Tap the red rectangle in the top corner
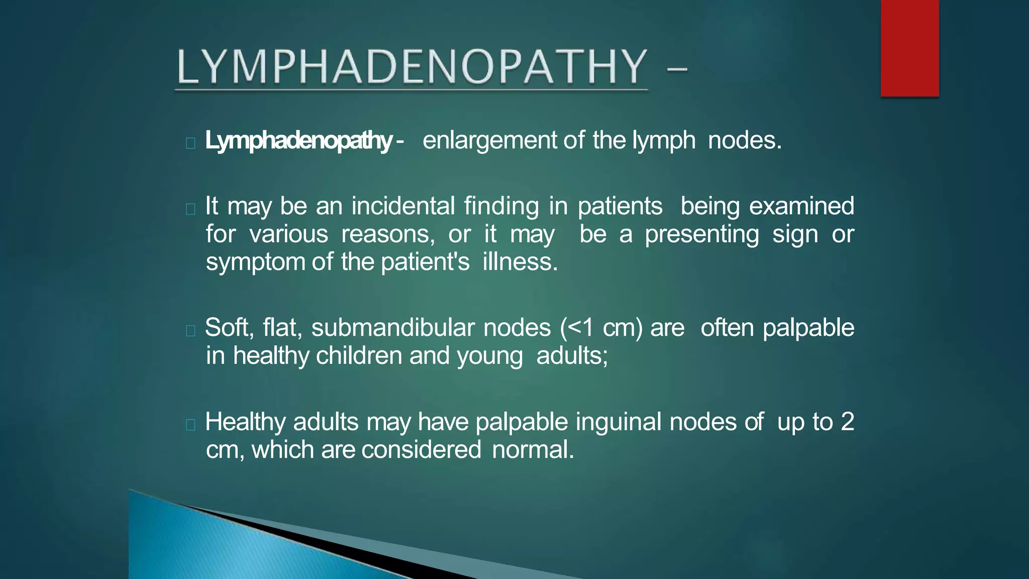click(909, 48)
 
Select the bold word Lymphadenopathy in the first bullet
click(298, 141)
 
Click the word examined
click(801, 206)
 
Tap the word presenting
click(702, 234)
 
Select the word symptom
click(255, 262)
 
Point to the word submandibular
click(393, 328)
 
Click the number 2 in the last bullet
click(847, 422)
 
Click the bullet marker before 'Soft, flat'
click(190, 330)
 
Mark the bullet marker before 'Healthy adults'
click(190, 425)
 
